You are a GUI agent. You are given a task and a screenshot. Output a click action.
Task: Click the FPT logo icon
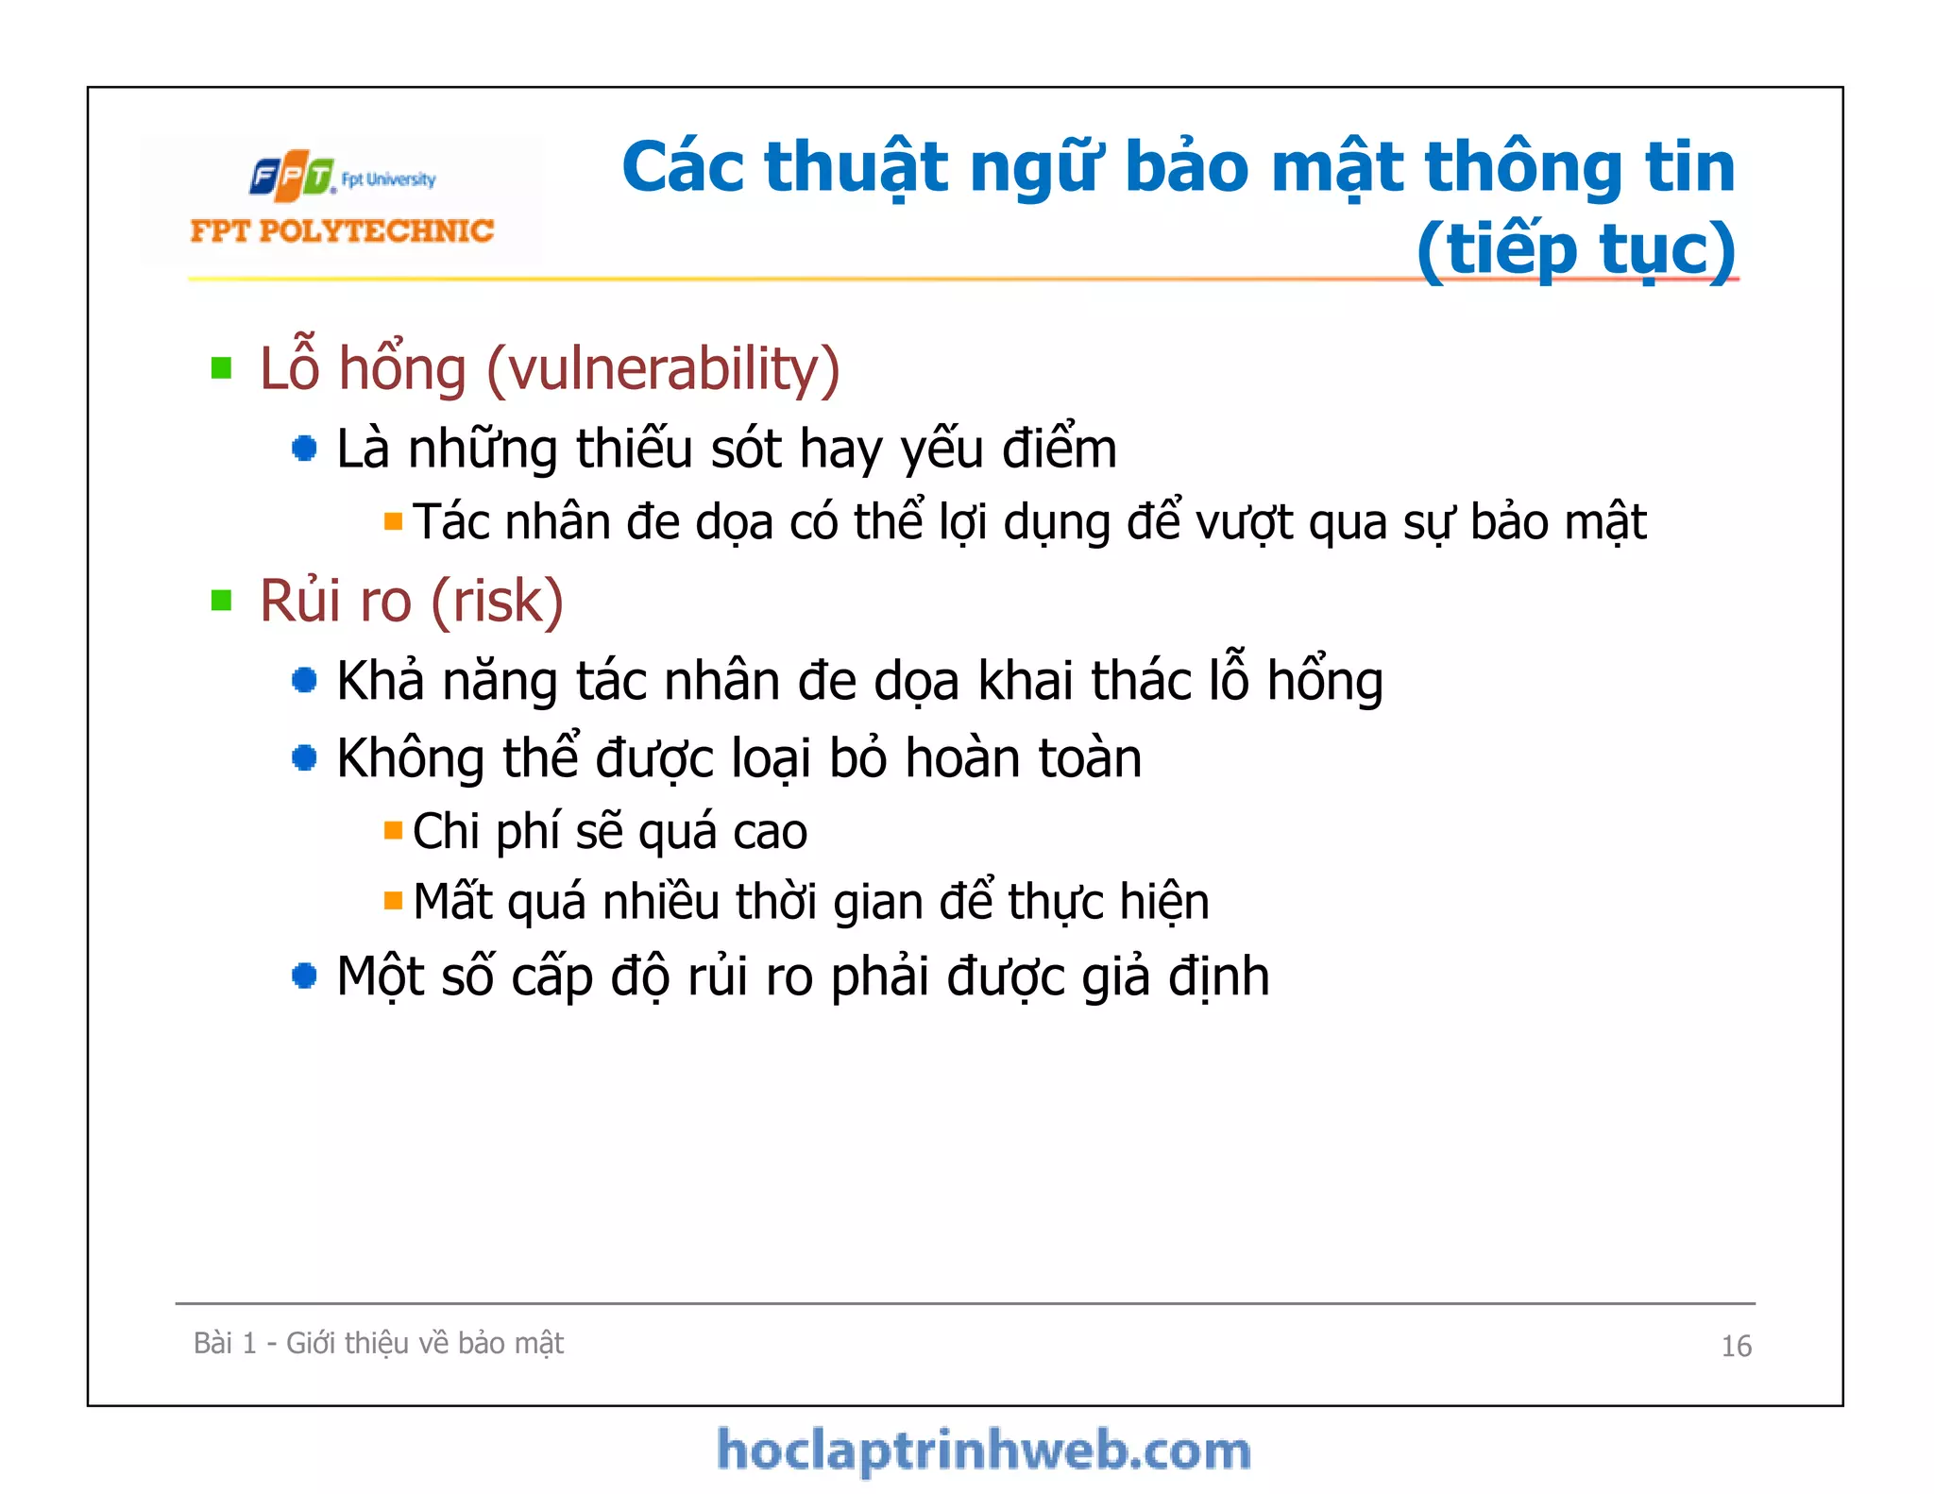tap(292, 176)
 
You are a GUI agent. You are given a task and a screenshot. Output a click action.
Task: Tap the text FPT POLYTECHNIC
tap(342, 231)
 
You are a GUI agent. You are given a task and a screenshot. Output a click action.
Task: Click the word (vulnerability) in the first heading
tap(663, 368)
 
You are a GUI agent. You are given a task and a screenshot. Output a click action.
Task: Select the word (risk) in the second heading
tap(498, 601)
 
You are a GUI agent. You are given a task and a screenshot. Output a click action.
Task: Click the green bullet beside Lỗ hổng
tap(222, 368)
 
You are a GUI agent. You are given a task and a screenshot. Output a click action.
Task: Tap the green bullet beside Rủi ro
tap(222, 601)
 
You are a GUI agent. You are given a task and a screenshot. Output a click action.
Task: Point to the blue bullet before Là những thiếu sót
tap(304, 449)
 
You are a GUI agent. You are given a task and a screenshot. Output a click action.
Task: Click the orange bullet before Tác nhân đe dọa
tap(393, 521)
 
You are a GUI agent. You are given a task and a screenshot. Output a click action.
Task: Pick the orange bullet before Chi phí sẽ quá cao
tap(393, 831)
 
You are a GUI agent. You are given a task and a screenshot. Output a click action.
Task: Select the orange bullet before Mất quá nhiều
tap(393, 901)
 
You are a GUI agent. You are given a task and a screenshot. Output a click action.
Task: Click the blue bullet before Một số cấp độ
tap(304, 976)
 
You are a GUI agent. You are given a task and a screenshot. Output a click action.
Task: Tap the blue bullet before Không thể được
tap(304, 757)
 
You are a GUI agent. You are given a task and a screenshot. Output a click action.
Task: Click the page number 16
tap(1736, 1346)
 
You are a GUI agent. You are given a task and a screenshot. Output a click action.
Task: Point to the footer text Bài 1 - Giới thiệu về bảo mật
tap(378, 1343)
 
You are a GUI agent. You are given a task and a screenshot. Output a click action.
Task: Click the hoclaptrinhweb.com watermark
tap(983, 1451)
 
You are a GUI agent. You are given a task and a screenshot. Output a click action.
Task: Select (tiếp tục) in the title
tap(1575, 249)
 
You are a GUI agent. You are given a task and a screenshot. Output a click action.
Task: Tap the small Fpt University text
tap(388, 179)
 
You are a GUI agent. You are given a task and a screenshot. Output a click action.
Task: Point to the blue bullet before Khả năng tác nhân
tap(304, 680)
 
